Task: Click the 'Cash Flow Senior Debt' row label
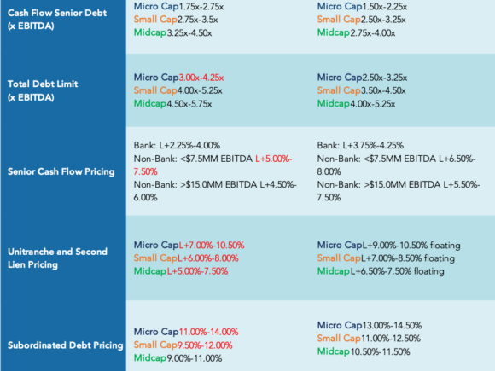(x=57, y=20)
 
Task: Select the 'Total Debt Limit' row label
(x=43, y=90)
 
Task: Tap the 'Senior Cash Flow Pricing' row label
(x=61, y=171)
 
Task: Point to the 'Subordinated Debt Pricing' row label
(x=66, y=345)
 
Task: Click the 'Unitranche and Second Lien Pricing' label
(x=57, y=258)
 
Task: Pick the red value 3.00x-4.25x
(x=201, y=78)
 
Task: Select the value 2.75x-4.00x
(x=372, y=32)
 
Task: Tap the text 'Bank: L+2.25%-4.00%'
(x=177, y=146)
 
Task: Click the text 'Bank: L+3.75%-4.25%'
(x=360, y=146)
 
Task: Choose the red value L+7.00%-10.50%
(x=212, y=246)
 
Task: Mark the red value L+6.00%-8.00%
(x=207, y=258)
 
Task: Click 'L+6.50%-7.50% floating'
(x=397, y=271)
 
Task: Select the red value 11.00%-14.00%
(x=209, y=332)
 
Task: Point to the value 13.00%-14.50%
(x=392, y=325)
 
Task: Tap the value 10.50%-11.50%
(x=380, y=351)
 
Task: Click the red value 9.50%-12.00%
(x=205, y=345)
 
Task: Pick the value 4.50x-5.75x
(x=189, y=104)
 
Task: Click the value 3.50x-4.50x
(x=383, y=91)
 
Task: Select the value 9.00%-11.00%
(x=194, y=358)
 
